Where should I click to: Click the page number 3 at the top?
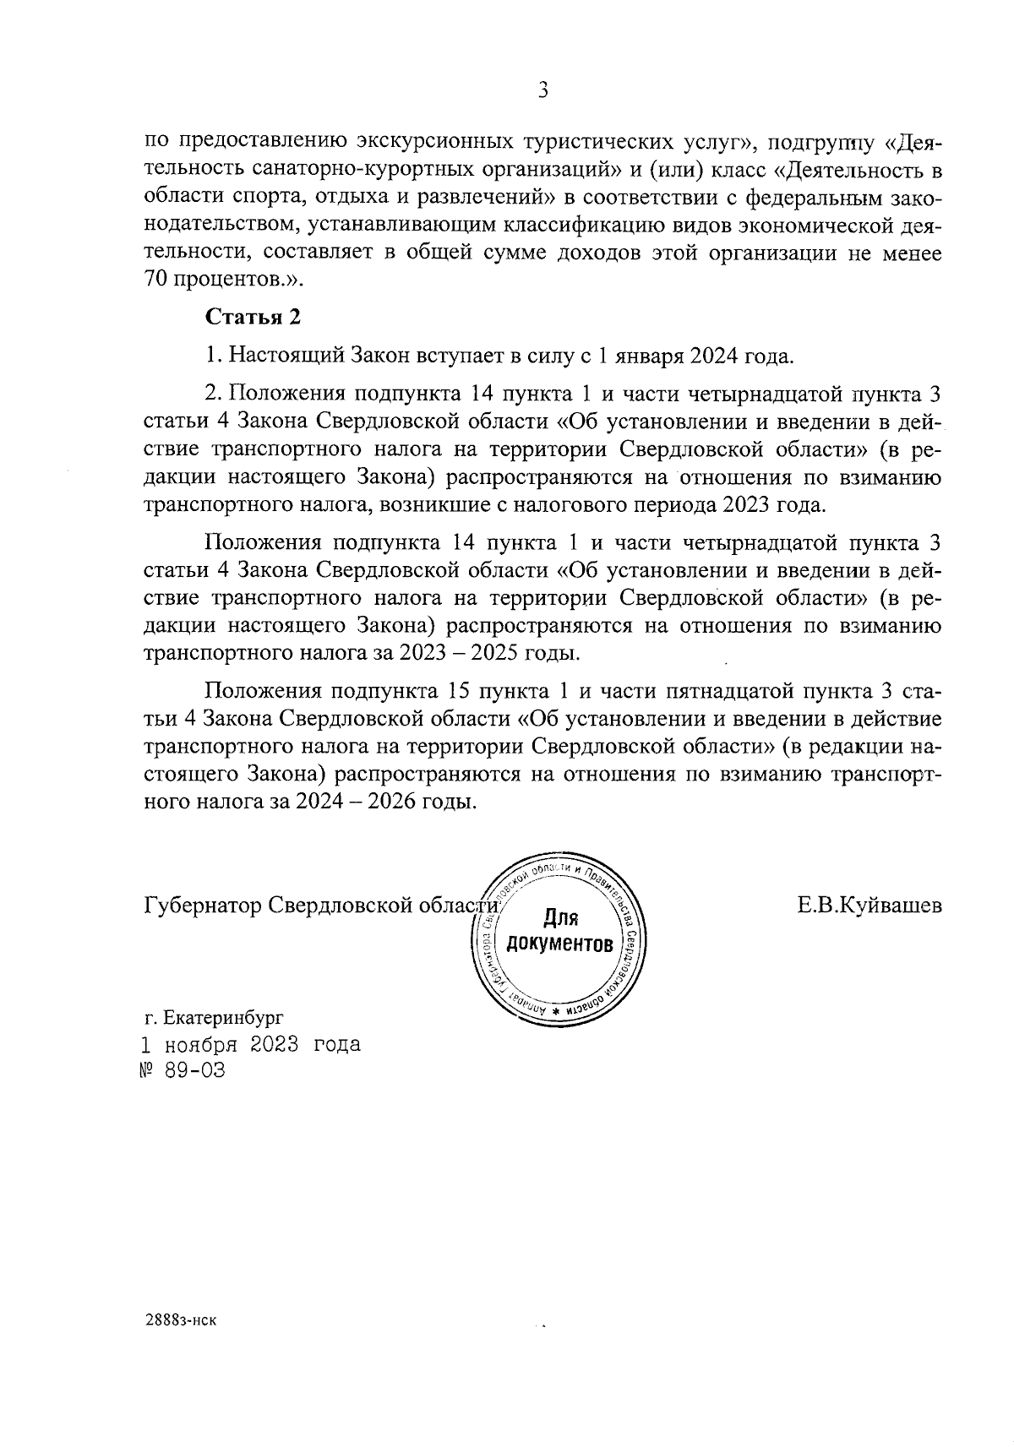click(543, 90)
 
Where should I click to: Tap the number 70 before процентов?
click(157, 280)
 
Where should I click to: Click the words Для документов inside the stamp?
click(559, 932)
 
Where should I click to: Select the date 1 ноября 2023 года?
click(252, 1044)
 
